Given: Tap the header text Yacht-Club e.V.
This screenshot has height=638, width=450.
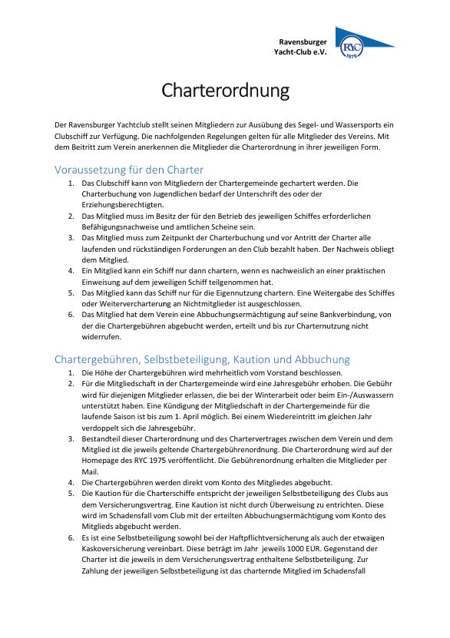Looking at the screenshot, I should (301, 51).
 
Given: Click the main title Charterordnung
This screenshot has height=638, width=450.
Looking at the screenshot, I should (225, 91).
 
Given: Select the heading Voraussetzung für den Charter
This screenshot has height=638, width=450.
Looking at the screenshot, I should (129, 170).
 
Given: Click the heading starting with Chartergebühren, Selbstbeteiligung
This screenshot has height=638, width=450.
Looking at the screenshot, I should (202, 359).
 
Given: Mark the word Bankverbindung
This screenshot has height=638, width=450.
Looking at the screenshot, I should (332, 314).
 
